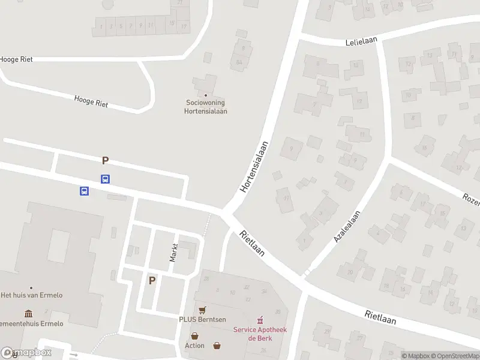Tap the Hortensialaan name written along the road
point(254,167)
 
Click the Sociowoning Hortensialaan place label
point(206,107)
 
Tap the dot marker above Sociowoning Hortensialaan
point(206,95)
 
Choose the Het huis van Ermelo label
point(31,295)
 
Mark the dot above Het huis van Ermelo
point(31,287)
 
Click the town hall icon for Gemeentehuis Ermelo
point(28,314)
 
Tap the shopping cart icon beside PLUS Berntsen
point(203,310)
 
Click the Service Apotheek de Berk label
point(260,334)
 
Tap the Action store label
point(194,346)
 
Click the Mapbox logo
point(26,353)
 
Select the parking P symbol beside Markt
point(152,280)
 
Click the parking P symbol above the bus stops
point(106,160)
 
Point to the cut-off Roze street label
point(471,200)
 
